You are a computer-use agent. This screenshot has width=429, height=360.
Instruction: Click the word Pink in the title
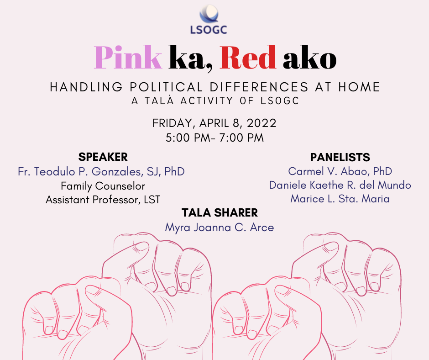point(128,58)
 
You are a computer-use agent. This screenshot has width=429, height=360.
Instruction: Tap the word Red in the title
point(248,58)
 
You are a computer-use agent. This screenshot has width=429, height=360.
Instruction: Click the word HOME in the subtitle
point(359,87)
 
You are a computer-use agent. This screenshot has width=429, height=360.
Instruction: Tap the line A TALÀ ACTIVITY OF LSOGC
point(215,101)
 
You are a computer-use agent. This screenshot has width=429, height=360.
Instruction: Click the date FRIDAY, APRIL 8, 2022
point(214,123)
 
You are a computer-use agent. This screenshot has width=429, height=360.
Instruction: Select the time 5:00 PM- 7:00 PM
point(214,138)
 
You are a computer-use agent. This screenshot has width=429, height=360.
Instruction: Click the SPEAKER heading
point(103,157)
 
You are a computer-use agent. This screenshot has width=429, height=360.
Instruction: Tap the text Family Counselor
point(103,186)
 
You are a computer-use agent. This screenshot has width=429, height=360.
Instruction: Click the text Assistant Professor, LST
point(103,200)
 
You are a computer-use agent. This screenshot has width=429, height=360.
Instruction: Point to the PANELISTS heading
point(340,158)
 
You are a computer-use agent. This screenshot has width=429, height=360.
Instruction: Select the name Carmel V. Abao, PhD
point(340,171)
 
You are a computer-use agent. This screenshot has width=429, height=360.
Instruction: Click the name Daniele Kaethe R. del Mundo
point(340,185)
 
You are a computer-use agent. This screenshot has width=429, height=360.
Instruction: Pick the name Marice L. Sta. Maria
point(340,199)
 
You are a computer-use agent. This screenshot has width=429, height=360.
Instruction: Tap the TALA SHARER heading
point(220,212)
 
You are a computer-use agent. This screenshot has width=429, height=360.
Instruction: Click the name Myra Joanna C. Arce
point(220,227)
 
